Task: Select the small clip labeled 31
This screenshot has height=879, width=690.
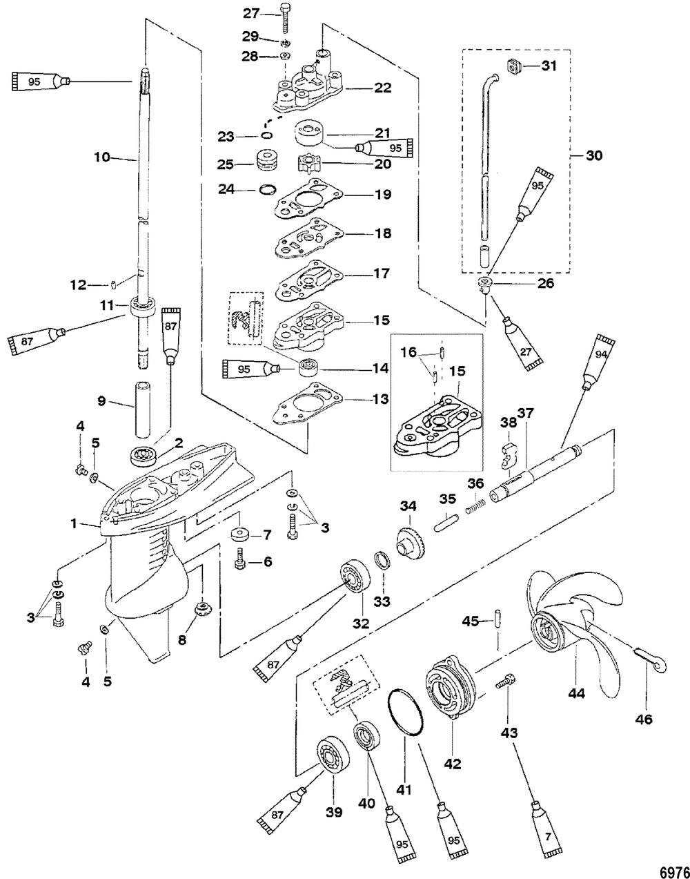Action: [511, 67]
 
